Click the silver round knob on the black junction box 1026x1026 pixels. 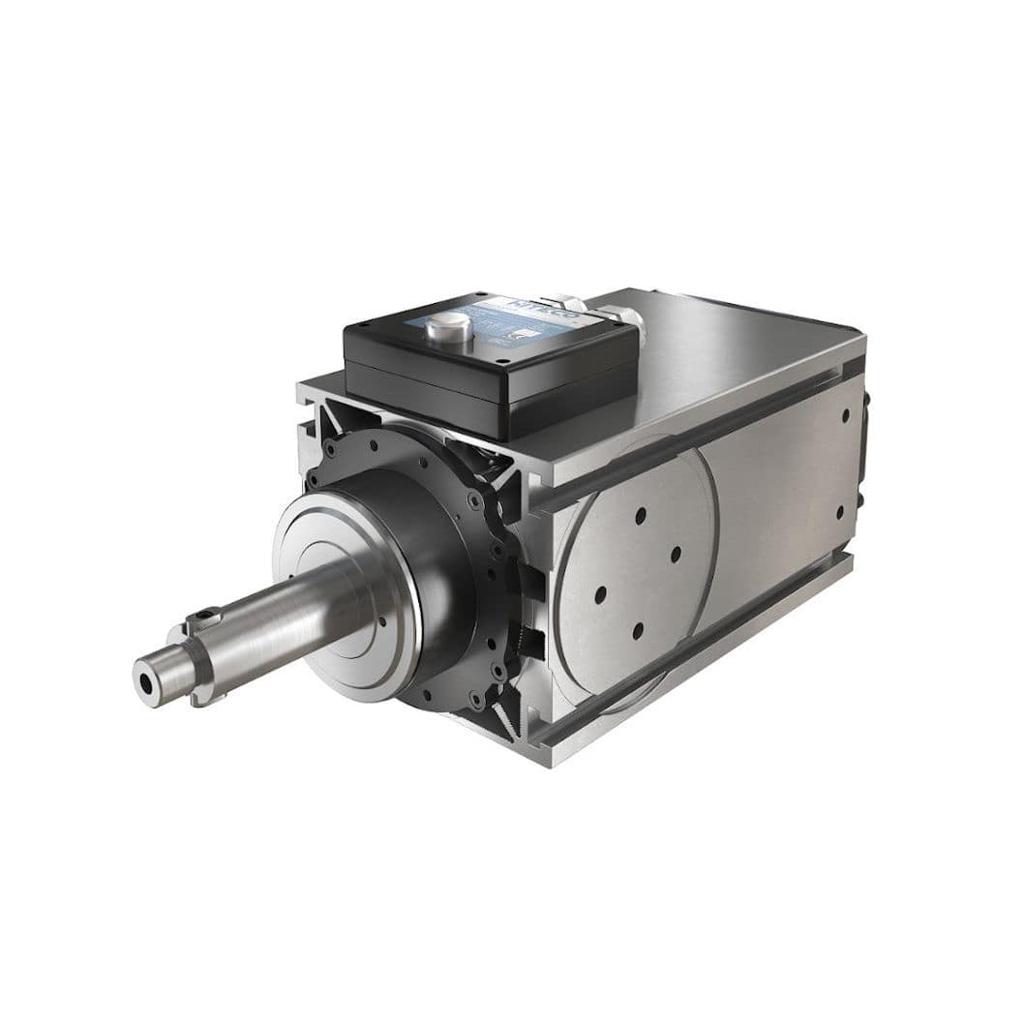tap(448, 328)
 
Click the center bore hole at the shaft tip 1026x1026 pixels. tap(146, 681)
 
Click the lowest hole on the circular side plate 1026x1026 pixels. tap(637, 630)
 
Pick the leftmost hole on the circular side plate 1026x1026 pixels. tap(600, 592)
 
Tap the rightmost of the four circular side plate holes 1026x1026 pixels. tap(676, 554)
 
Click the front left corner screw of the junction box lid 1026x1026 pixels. tap(502, 364)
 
